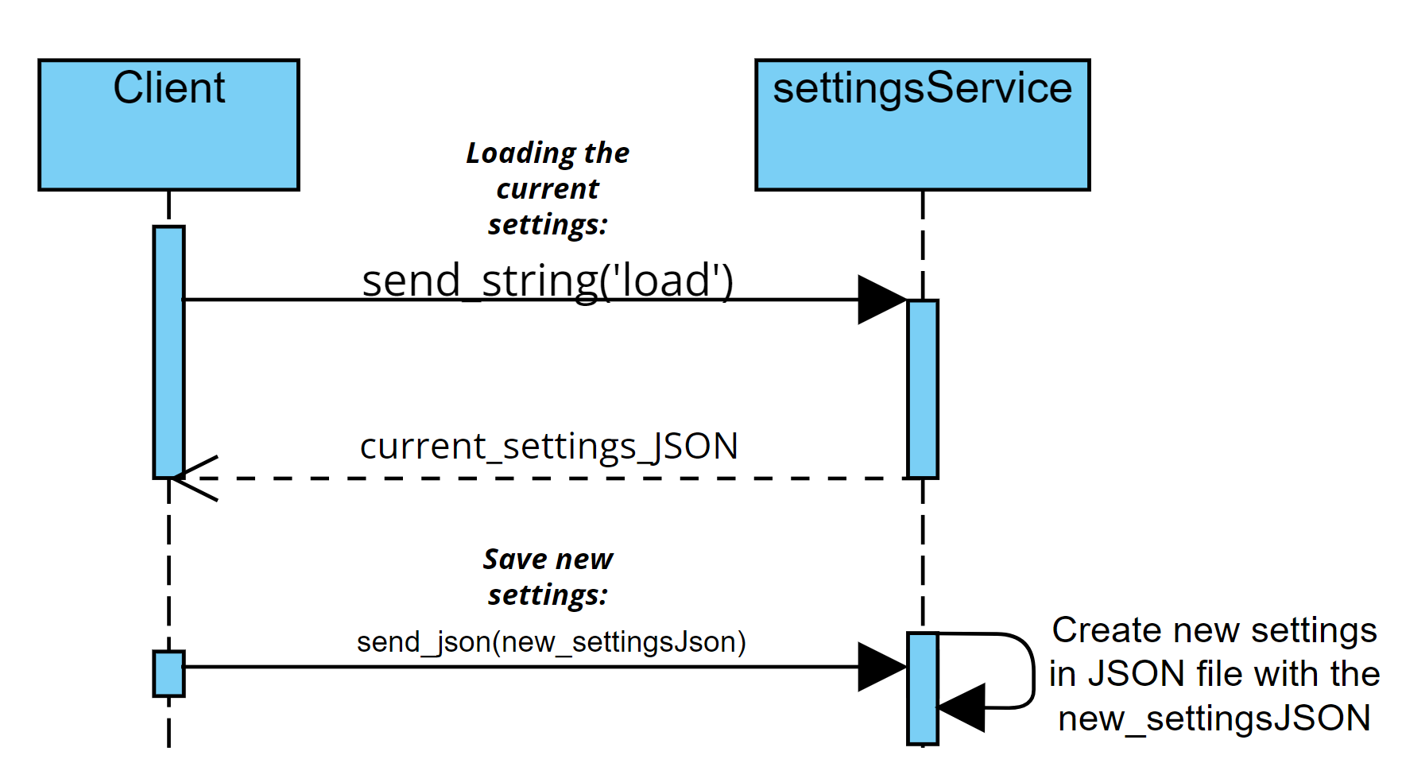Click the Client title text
[168, 87]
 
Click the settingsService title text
[922, 87]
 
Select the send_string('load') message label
[548, 281]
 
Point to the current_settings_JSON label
[548, 446]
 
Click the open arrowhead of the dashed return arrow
[195, 478]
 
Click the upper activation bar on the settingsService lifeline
[923, 389]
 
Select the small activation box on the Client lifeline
[168, 673]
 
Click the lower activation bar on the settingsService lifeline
[923, 688]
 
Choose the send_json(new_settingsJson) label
[551, 641]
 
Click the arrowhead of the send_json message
[881, 667]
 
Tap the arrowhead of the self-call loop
[963, 707]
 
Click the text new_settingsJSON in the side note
[1214, 718]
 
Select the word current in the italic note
[548, 189]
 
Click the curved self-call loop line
[1031, 668]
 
